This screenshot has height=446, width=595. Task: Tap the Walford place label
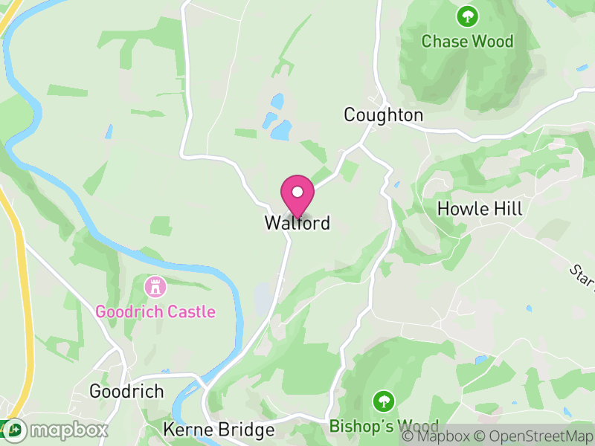297,223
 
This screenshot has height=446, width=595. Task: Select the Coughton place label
383,115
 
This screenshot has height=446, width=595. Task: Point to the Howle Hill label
480,209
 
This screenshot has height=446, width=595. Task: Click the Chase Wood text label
467,41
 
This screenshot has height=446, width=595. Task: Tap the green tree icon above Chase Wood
467,15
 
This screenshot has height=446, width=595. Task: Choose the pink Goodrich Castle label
155,311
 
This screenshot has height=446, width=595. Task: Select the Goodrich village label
126,391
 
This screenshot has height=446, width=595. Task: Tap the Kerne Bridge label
219,430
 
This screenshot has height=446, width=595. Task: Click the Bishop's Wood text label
384,427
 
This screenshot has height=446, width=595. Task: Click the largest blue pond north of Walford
281,131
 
